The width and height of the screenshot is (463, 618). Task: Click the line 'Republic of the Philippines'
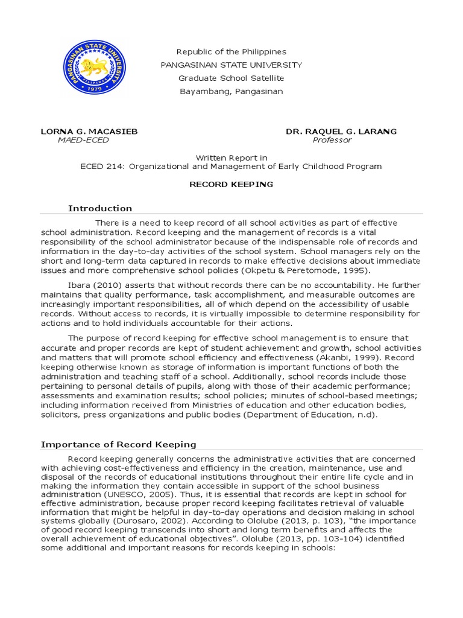pyautogui.click(x=231, y=52)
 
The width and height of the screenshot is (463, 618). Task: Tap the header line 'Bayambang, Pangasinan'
pyautogui.click(x=231, y=92)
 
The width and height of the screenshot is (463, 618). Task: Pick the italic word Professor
pyautogui.click(x=332, y=140)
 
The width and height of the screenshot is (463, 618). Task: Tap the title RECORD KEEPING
pyautogui.click(x=231, y=184)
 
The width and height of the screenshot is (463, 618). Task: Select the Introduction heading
pyautogui.click(x=100, y=208)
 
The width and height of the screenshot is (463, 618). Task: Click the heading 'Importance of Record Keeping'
pyautogui.click(x=118, y=445)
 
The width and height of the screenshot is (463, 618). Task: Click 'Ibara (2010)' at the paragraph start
pyautogui.click(x=93, y=285)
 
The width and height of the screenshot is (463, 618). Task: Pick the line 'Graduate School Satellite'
pyautogui.click(x=231, y=78)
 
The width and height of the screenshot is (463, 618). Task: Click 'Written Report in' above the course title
pyautogui.click(x=231, y=158)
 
